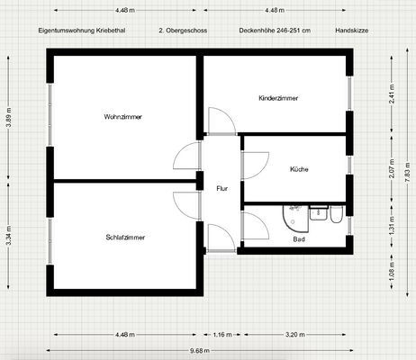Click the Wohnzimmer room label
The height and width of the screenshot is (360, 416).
(x=123, y=117)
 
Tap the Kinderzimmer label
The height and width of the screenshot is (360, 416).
(x=278, y=97)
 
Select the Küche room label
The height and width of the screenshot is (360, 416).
(x=299, y=169)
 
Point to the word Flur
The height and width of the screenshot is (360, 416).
(x=222, y=188)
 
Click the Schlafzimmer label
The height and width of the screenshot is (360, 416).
(x=124, y=238)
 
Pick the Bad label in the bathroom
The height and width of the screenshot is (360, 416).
(x=299, y=239)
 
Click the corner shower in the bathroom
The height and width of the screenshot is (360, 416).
(x=292, y=220)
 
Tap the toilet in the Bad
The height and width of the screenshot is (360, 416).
(x=335, y=216)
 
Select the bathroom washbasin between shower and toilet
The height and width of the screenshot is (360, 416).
(x=317, y=213)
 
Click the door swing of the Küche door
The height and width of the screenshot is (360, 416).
(x=255, y=165)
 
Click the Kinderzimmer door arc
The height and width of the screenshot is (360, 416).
(x=219, y=121)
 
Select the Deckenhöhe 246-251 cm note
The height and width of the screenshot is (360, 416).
(x=275, y=30)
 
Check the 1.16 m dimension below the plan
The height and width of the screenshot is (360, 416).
(x=222, y=334)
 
